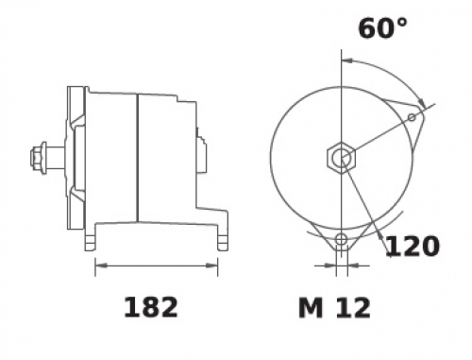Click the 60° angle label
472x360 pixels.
click(x=382, y=28)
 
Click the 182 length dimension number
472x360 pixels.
click(x=151, y=307)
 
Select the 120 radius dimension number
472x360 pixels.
click(x=413, y=246)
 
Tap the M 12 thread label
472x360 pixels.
click(x=334, y=308)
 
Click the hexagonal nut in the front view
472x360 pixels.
click(x=341, y=158)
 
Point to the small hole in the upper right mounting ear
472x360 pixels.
click(x=412, y=117)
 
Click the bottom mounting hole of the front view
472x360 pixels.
click(x=341, y=239)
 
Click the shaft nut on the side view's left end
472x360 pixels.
click(x=39, y=158)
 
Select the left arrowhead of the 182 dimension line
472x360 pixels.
click(x=101, y=266)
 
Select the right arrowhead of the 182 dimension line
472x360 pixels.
click(x=211, y=266)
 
